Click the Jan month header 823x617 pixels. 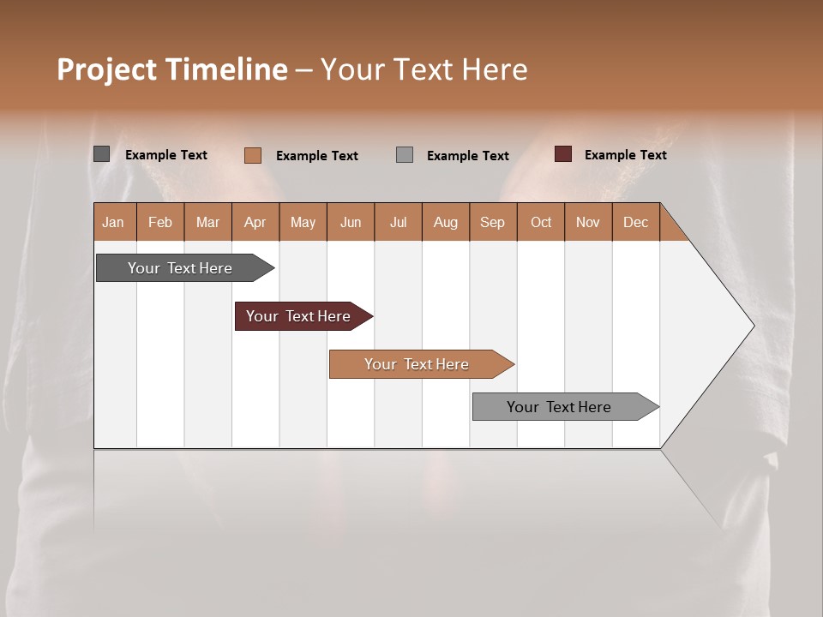[x=114, y=222]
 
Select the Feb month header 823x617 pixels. [x=160, y=222]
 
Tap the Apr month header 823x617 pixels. [x=255, y=222]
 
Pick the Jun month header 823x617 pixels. [x=351, y=222]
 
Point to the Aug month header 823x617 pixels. [x=445, y=222]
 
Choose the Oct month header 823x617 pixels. [x=541, y=222]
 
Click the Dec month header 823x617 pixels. [x=635, y=222]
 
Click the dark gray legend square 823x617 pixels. [x=102, y=154]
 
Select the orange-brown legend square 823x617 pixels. [x=253, y=155]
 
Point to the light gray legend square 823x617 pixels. [x=405, y=155]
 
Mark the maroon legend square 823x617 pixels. [x=563, y=154]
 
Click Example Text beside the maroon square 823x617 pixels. [x=625, y=155]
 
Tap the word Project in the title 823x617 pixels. [x=106, y=69]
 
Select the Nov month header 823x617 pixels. [x=588, y=222]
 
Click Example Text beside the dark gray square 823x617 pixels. [x=166, y=155]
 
